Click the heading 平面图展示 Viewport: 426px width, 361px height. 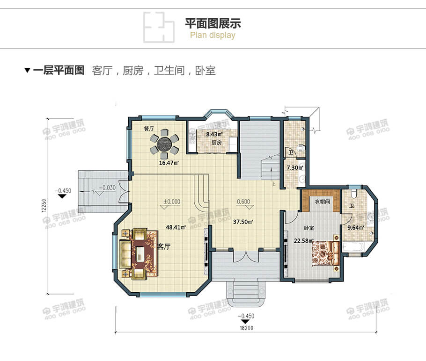coord(213,23)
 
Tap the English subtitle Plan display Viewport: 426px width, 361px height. coord(213,36)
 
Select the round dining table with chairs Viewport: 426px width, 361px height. coord(164,144)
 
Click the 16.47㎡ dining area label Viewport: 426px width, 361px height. coord(169,163)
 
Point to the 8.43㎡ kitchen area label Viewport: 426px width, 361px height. coord(215,134)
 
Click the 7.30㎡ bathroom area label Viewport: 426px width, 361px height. coord(294,167)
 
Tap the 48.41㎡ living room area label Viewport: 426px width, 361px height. coord(176,228)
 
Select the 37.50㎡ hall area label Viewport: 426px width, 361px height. coord(243,222)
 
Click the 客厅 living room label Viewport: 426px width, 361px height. coord(163,247)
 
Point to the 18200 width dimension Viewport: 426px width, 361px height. coord(246,328)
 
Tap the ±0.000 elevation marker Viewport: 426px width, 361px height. coord(172,202)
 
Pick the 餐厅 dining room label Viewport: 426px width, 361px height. coord(149,129)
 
